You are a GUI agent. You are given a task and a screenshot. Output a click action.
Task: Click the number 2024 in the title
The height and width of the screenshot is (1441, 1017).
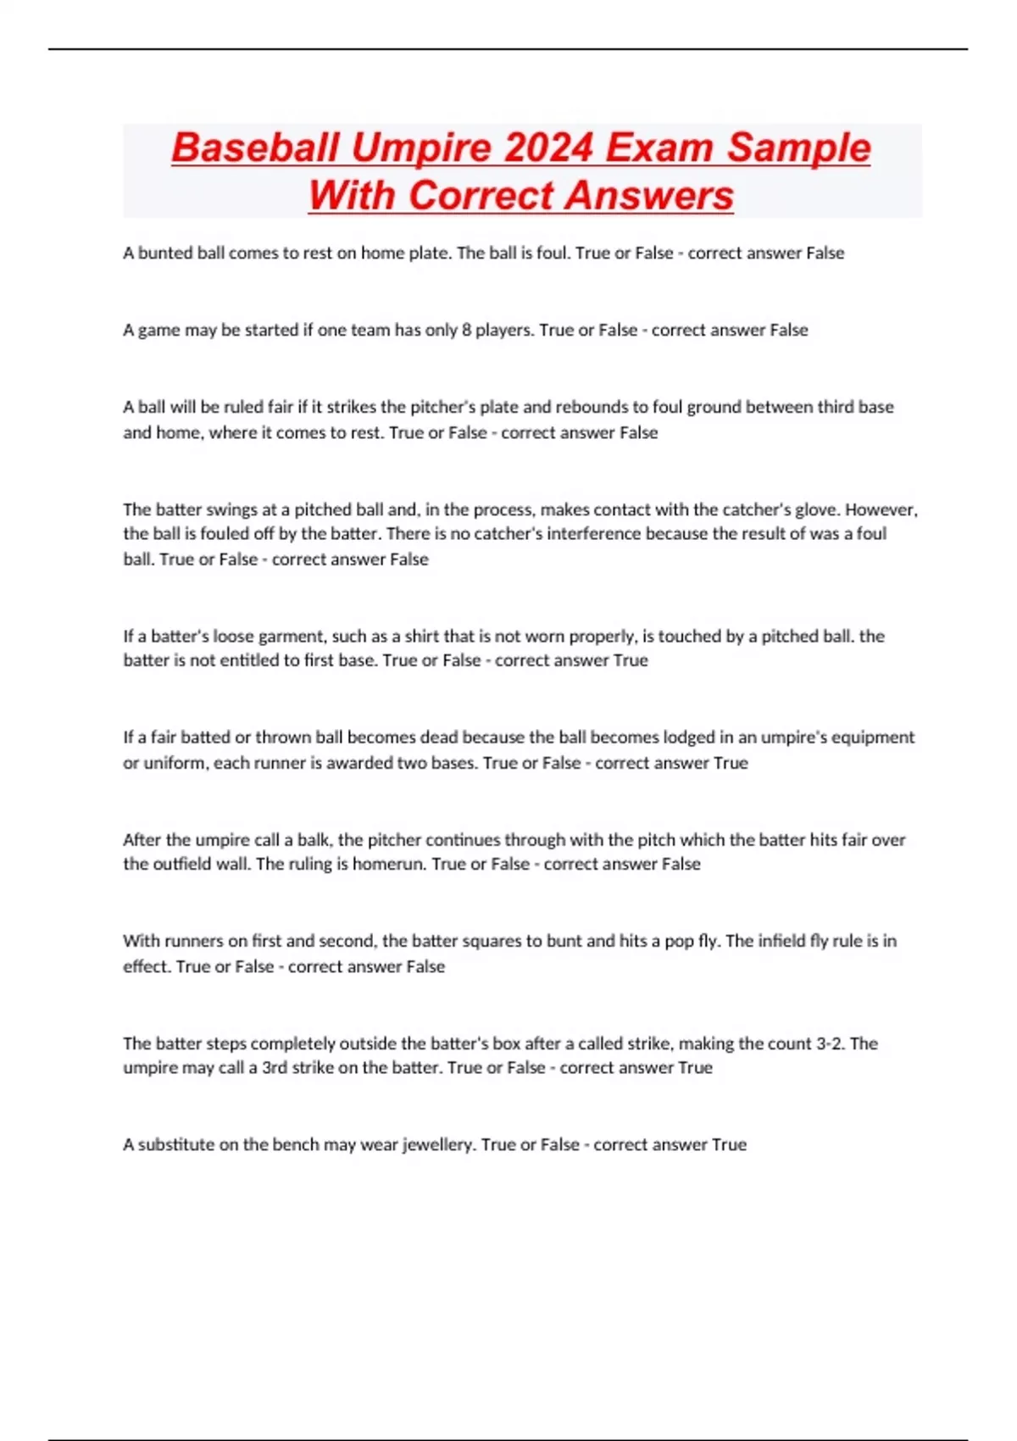(x=547, y=147)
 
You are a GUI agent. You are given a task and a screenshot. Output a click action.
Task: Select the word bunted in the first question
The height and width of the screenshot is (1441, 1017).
(x=165, y=253)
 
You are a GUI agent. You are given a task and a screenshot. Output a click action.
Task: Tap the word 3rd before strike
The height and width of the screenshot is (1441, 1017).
(x=275, y=1068)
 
